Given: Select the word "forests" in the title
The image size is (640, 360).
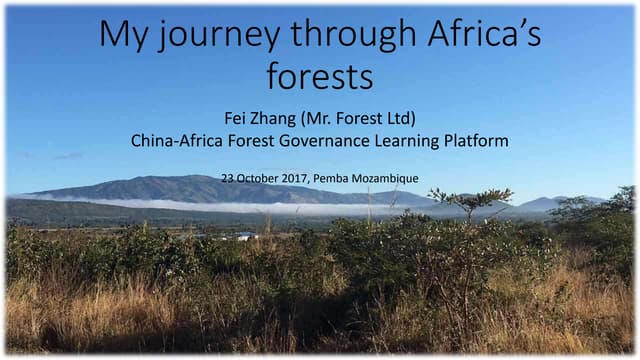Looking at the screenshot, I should [319, 74].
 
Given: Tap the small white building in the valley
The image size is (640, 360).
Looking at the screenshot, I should [245, 236].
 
